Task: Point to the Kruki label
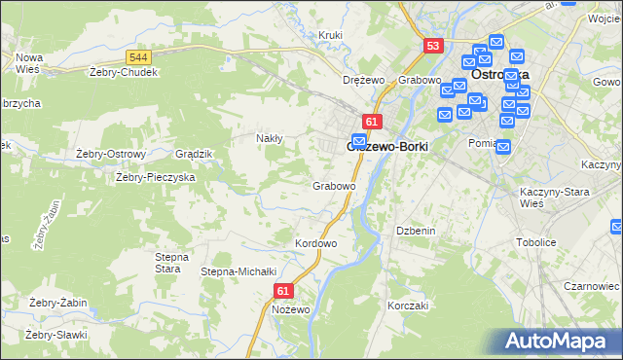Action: click(331, 36)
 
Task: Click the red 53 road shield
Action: click(433, 46)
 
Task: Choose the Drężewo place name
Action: click(365, 80)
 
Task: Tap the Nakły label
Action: click(269, 138)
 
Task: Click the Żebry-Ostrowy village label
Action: click(110, 154)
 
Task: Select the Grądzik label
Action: click(193, 154)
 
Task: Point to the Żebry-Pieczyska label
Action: click(156, 177)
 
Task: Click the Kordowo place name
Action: click(315, 242)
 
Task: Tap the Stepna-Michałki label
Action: click(239, 271)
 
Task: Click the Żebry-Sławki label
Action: click(56, 335)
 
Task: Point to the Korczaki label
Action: click(408, 306)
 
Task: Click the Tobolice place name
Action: click(535, 242)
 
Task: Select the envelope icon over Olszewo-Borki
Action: click(358, 142)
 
